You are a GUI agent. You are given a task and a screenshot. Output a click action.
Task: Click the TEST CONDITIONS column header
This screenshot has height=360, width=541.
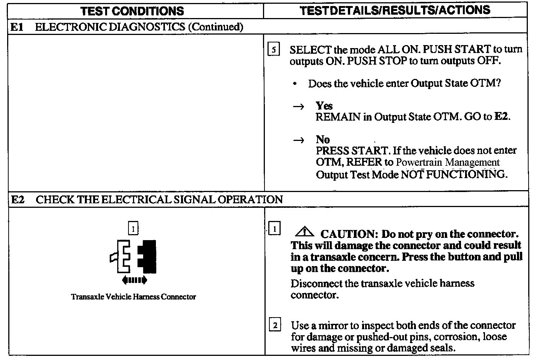coord(132,11)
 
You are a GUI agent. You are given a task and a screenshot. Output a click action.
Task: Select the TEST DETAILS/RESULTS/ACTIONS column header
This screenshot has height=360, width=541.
coord(395,10)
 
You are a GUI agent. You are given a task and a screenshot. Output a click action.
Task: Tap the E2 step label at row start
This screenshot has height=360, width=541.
coord(18,200)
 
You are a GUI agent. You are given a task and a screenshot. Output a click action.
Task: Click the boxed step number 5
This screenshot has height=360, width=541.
coord(274,50)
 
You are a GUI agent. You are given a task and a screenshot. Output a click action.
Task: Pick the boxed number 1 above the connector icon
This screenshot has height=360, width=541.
coord(133,228)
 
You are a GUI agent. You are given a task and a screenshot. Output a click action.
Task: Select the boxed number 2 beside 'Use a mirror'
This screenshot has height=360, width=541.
coord(275,325)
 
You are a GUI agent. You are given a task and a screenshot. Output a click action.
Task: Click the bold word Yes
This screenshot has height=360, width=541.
coord(324,106)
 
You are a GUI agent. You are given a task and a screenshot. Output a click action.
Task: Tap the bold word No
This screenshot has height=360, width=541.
coord(323,140)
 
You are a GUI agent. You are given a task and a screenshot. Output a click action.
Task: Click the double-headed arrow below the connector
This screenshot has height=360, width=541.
coord(134,280)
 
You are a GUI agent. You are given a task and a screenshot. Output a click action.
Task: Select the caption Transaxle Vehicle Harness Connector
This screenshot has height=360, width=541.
coord(133,297)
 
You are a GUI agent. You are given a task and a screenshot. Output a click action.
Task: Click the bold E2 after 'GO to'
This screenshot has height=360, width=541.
coord(502,117)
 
